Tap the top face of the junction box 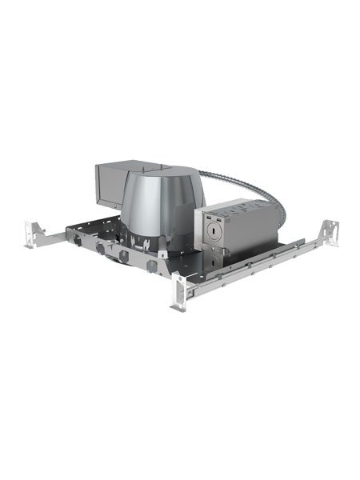click(236, 203)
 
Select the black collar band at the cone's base click(148, 240)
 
